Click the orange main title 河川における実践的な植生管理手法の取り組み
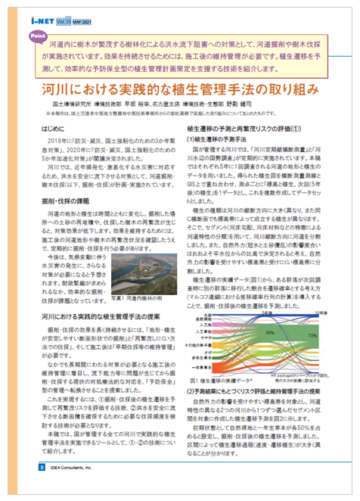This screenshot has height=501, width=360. (180, 89)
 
